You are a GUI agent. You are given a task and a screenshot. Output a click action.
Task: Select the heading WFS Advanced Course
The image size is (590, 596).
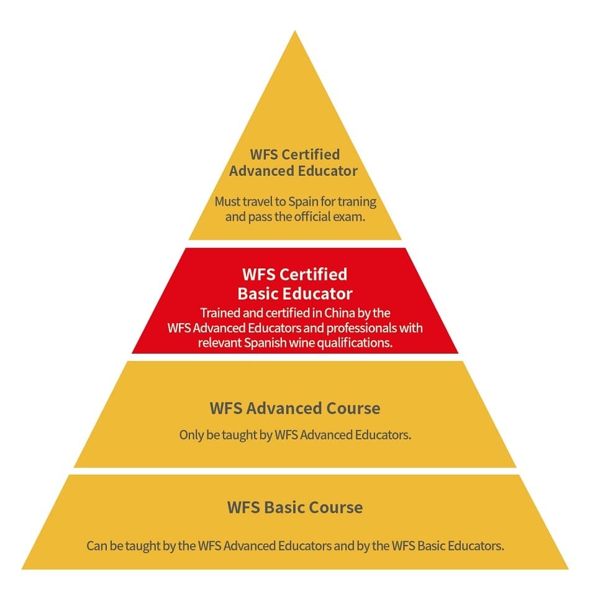[295, 408]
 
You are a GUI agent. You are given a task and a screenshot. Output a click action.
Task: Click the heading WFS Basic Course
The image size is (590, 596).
[295, 507]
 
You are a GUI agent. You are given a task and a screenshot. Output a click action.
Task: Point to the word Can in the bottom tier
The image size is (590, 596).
[97, 546]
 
